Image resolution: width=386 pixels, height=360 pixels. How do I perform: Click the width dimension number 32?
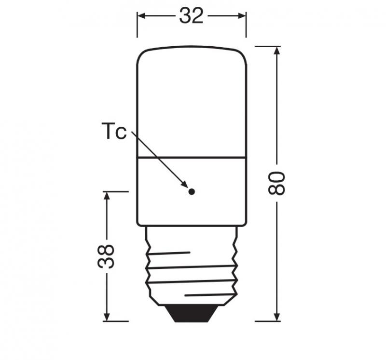pos(192,16)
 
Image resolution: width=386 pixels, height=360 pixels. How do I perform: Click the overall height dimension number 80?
pos(277,183)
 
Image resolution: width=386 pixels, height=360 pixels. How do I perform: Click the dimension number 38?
pos(107,256)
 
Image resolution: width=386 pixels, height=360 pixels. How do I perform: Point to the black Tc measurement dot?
pos(192,191)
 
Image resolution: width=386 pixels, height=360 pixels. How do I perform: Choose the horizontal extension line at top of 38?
pos(116,191)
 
